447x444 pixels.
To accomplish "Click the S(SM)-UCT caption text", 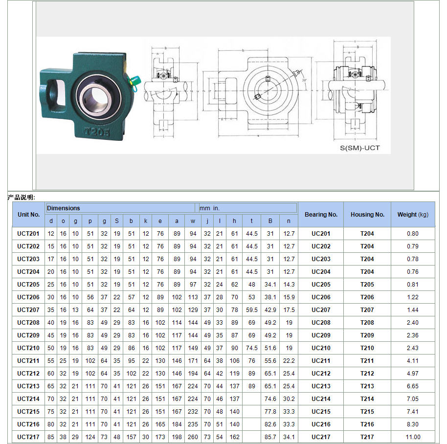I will click(x=359, y=148).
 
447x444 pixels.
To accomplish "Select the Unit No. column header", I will click(x=28, y=214).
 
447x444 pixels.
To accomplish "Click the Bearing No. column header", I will click(x=321, y=214).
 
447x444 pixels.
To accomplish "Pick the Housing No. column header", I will click(x=367, y=214).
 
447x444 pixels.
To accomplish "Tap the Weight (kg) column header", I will click(x=413, y=214).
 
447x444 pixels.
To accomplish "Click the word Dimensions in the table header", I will click(x=64, y=208).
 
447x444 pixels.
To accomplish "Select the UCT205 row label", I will click(x=28, y=284).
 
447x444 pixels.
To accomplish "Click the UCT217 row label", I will click(x=28, y=437).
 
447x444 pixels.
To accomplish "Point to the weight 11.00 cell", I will click(x=413, y=437).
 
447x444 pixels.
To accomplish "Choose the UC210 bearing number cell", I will click(x=321, y=348).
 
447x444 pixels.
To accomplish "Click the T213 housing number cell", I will click(x=367, y=386).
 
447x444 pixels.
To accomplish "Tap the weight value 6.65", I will click(x=413, y=386).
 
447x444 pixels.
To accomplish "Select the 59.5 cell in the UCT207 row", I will click(x=252, y=310).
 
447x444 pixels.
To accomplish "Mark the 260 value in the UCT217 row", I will click(x=193, y=437).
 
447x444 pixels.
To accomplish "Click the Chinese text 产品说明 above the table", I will click(x=21, y=197).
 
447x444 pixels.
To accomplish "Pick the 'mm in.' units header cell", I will click(x=210, y=208).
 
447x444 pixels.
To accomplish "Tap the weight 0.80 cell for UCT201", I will click(x=413, y=233).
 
